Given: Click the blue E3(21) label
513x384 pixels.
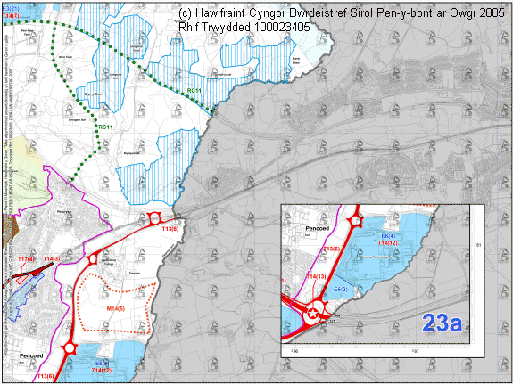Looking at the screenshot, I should point(10,6).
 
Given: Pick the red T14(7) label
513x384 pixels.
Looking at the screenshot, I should point(11,17).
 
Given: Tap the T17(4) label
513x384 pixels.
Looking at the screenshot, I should point(27,259).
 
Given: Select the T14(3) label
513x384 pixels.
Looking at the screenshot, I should point(51,259).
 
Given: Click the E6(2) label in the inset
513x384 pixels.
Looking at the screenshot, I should point(340,290).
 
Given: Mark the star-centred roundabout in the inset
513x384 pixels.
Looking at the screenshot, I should point(313,313).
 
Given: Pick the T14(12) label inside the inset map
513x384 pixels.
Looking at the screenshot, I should point(387,242).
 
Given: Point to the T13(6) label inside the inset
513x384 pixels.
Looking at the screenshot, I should point(332,249).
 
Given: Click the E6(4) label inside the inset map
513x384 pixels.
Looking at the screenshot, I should point(388,235).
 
